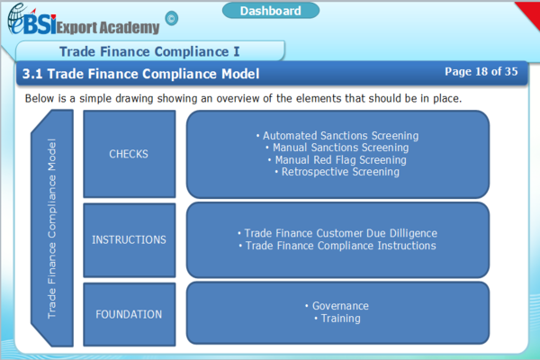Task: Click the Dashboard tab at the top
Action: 270,11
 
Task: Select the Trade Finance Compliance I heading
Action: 148,50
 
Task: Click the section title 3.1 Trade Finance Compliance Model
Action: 140,73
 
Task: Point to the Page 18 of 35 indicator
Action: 481,72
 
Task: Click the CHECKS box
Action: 129,154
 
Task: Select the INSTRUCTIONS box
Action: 129,239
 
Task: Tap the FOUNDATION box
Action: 129,314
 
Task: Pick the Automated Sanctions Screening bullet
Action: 337,136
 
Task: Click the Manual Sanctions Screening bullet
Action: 337,148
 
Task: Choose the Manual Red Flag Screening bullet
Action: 337,159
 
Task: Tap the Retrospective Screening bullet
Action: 337,171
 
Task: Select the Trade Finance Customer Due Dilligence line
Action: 337,233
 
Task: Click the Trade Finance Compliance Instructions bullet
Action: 337,246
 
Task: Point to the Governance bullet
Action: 337,306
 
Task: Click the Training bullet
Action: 337,319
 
